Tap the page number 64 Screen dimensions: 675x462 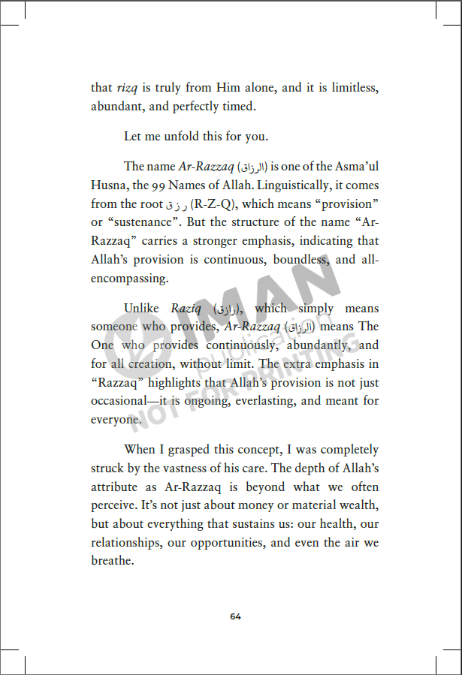coord(235,616)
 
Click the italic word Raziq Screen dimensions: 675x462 coord(185,308)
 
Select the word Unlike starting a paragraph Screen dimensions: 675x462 coord(143,308)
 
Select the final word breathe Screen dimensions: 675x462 coord(113,561)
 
